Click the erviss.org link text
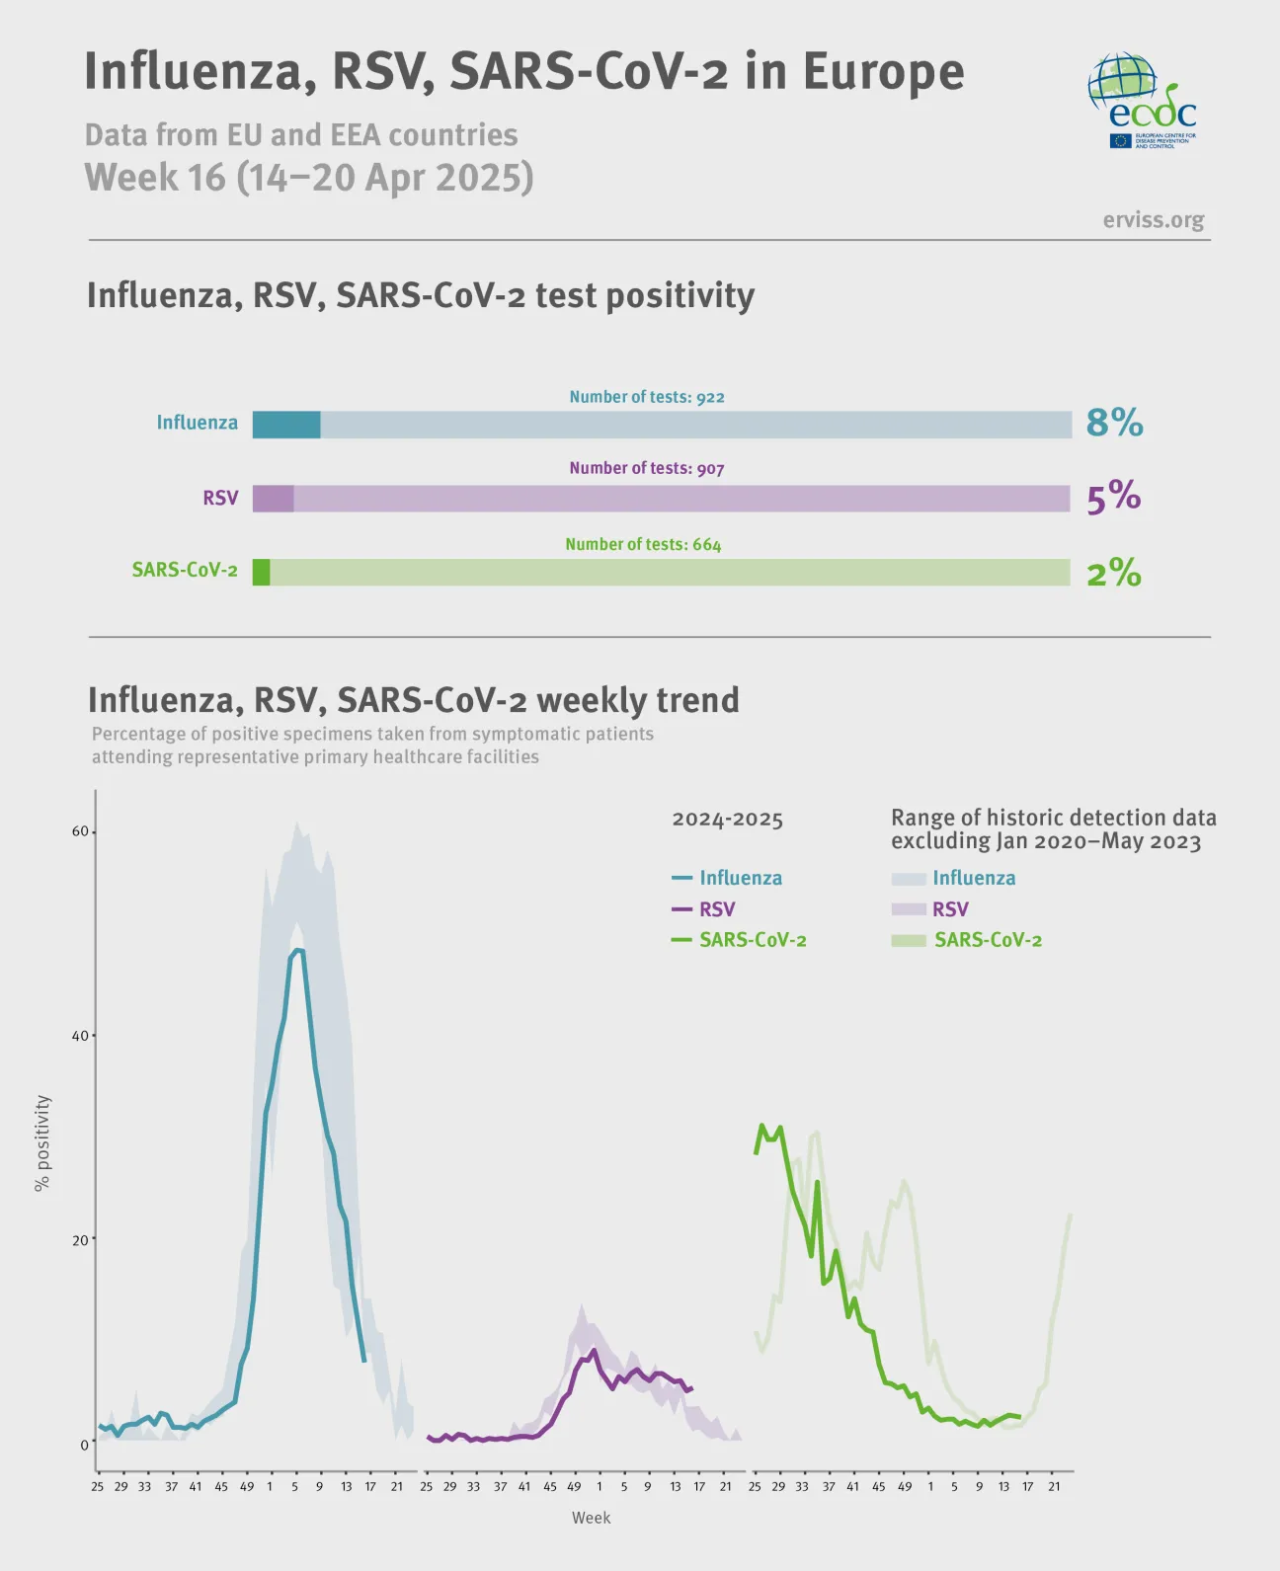1153,219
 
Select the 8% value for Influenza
1114,423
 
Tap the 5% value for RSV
1113,497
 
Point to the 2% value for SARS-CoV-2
1113,572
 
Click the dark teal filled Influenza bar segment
286,425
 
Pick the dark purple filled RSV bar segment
273,499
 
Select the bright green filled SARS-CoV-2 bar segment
261,573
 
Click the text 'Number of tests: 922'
647,397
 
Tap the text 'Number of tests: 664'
643,544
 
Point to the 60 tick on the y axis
80,831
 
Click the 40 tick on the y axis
80,1036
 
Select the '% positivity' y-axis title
42,1142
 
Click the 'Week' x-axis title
591,1518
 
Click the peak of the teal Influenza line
297,950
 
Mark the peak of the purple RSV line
594,1350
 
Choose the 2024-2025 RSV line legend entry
704,908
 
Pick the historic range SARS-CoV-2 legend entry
967,940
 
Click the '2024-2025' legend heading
727,820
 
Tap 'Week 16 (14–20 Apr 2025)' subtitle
309,178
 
